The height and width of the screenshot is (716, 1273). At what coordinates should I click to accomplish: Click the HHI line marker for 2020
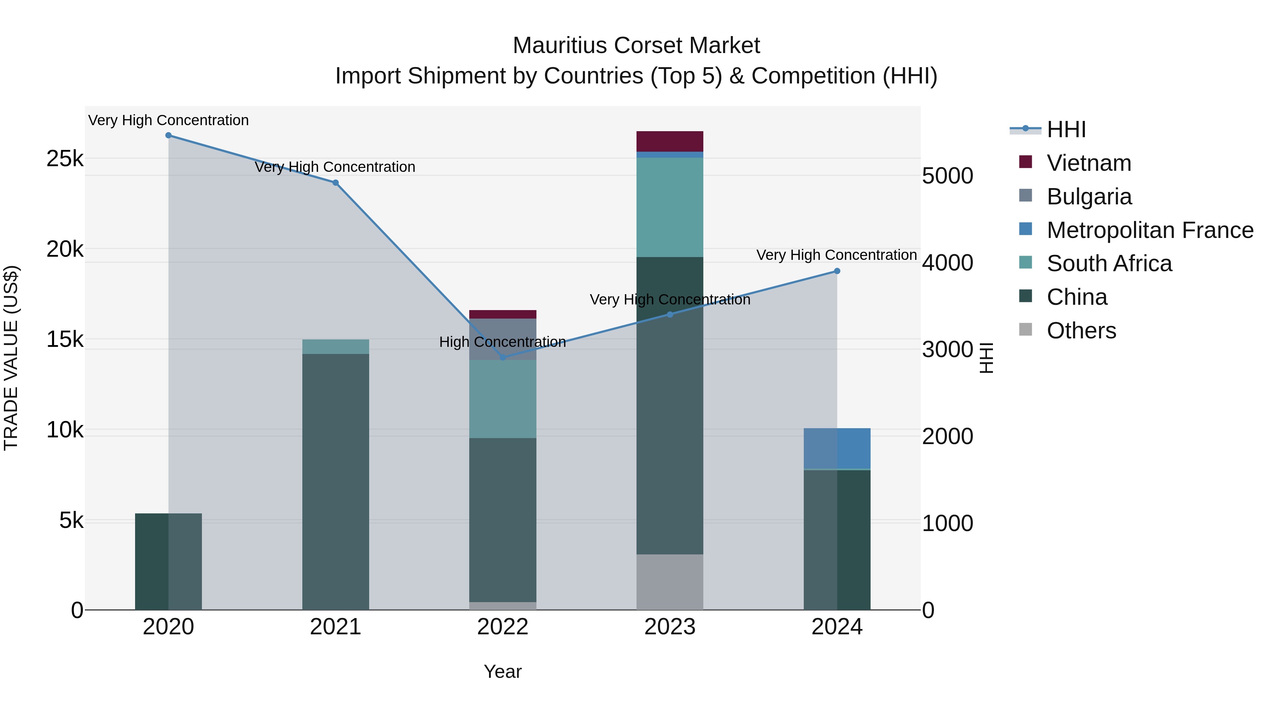point(169,135)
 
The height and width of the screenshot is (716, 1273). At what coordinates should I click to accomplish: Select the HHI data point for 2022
point(502,357)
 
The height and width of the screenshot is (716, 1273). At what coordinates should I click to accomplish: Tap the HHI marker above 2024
point(837,271)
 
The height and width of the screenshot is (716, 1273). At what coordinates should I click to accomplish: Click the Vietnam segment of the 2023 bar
point(670,141)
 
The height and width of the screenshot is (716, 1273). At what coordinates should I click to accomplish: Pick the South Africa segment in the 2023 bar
point(670,208)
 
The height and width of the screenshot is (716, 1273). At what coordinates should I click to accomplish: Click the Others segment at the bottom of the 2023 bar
point(670,582)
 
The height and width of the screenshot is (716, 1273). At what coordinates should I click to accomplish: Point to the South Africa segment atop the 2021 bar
point(336,347)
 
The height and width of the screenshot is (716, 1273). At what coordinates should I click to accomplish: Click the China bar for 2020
point(169,561)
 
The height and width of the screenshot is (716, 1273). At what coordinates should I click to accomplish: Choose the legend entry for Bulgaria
point(1089,197)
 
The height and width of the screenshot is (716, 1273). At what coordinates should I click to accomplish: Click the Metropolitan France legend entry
point(1150,230)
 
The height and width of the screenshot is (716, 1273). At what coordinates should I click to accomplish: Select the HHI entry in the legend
point(1066,129)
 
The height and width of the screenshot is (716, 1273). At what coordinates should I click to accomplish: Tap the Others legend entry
point(1081,331)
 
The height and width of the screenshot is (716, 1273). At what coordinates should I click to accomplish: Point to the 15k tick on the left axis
point(65,339)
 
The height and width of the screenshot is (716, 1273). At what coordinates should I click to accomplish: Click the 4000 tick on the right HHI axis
point(947,263)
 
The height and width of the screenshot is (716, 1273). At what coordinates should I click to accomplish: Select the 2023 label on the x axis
point(670,627)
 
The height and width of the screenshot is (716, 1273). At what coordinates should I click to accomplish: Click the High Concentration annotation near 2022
point(502,342)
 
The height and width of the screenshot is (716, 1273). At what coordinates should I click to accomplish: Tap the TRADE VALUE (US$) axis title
point(11,358)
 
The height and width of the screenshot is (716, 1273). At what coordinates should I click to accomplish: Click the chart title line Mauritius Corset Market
point(636,46)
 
